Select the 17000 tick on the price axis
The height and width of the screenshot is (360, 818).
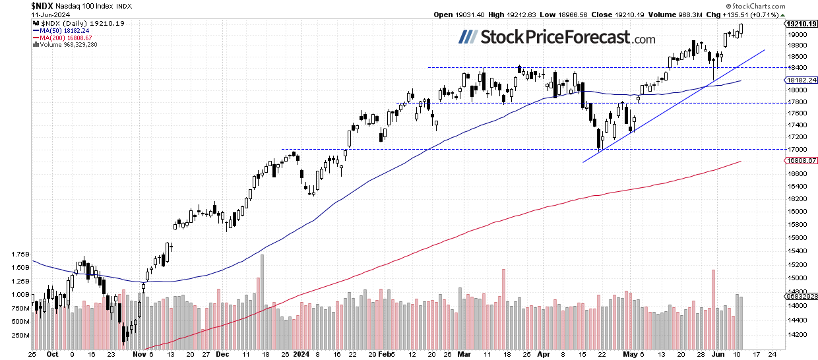click(x=796, y=150)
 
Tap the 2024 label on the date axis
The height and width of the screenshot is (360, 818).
click(x=300, y=354)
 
